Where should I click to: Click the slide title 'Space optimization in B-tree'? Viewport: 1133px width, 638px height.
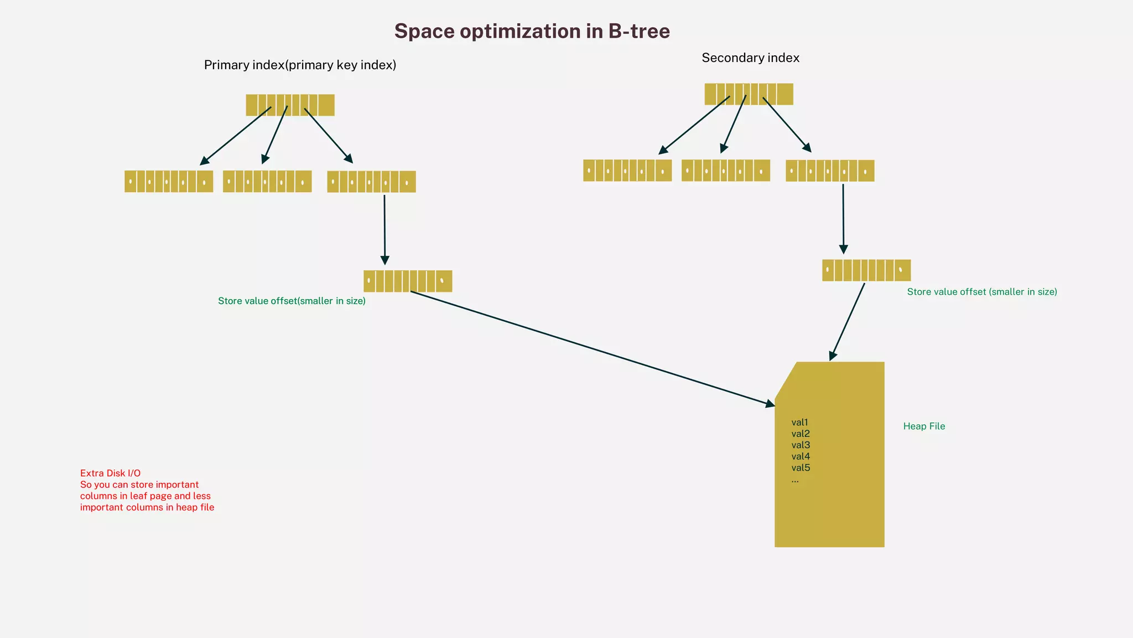pos(532,31)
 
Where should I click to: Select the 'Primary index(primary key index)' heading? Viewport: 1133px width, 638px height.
pos(300,65)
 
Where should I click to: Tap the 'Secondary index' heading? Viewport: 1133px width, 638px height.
pos(750,58)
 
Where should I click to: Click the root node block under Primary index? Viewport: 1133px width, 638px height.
pos(290,105)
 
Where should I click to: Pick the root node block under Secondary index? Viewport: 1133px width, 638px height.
pos(749,94)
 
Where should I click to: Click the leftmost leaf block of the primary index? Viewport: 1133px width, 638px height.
pos(169,182)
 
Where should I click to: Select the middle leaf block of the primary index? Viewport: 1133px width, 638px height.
pos(267,182)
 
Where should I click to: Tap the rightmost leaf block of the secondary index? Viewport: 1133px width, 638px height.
pos(830,171)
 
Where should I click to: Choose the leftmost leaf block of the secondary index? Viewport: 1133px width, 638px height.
pos(627,171)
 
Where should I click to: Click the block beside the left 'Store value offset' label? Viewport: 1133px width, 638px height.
pos(408,281)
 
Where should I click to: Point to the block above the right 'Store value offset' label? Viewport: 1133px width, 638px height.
pos(866,270)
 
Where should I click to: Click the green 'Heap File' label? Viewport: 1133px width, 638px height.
pos(924,426)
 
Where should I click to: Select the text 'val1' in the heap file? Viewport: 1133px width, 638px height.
pos(799,423)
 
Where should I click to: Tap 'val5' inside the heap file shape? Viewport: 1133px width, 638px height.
pos(801,468)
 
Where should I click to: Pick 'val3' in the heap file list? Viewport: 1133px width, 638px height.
pos(801,445)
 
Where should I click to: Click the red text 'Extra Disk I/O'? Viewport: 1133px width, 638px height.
pos(110,474)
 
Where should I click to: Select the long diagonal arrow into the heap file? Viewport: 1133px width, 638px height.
pos(592,348)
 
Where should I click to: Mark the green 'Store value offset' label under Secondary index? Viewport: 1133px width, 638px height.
pos(982,292)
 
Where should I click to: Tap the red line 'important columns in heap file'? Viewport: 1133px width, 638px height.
pos(147,508)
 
